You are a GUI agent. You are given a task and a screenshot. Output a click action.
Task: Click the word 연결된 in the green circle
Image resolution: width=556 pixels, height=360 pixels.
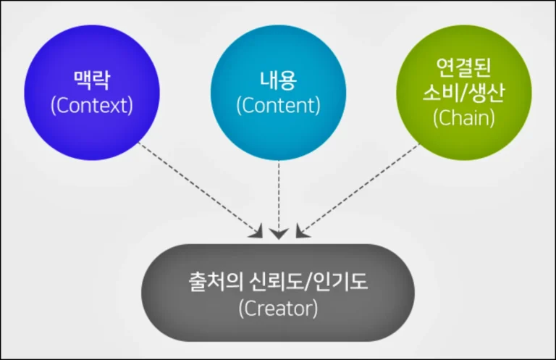464,69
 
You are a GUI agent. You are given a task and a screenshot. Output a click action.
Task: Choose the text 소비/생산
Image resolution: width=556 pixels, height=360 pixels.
464,93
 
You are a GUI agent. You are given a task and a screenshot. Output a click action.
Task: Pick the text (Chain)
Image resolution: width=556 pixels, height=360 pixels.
464,118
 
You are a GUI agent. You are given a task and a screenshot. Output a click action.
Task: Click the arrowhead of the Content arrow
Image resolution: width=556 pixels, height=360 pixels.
279,233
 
